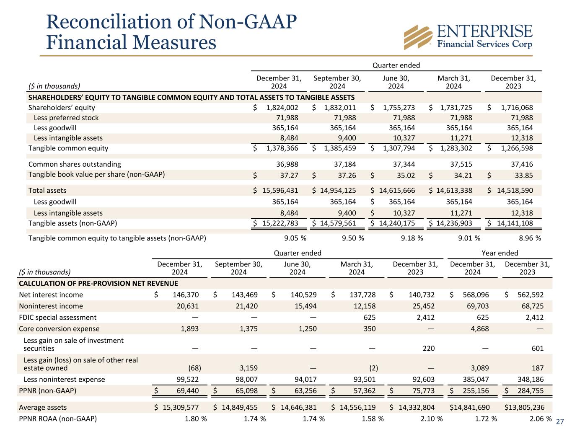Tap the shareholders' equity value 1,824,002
[282, 107]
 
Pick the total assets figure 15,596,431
[280, 191]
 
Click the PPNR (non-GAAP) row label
[48, 391]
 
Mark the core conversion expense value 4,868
[479, 329]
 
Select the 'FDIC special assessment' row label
[58, 318]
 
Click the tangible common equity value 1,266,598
[515, 148]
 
